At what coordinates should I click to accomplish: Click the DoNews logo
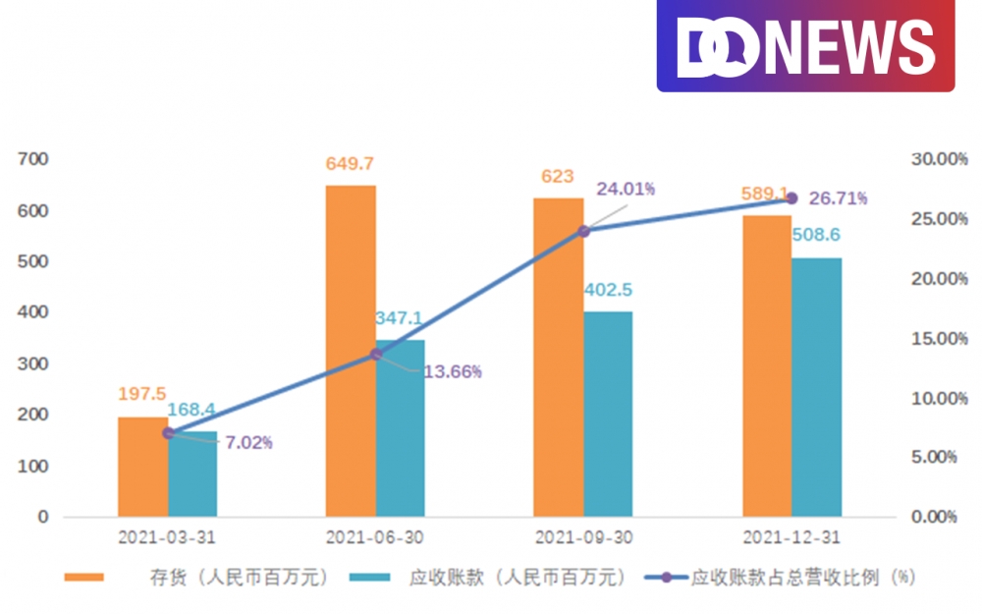pos(805,46)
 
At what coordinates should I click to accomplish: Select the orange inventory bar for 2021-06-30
pos(350,350)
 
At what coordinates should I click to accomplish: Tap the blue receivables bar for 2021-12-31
pos(816,387)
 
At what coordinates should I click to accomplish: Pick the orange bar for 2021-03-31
pos(142,467)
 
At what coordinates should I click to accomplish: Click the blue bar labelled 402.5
pos(608,414)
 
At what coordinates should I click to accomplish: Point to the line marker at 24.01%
pos(584,231)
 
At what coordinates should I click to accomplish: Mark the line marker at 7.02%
pos(168,432)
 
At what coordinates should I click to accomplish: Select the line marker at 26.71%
pos(791,198)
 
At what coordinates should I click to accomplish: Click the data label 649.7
pos(350,164)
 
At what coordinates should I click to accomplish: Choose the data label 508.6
pos(817,237)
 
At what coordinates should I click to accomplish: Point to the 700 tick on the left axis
pos(33,159)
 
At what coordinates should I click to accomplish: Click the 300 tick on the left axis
pos(33,363)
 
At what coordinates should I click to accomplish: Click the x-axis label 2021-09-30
pos(582,538)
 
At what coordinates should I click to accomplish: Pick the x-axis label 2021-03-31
pos(167,538)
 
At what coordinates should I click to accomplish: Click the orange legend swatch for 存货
pos(84,578)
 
